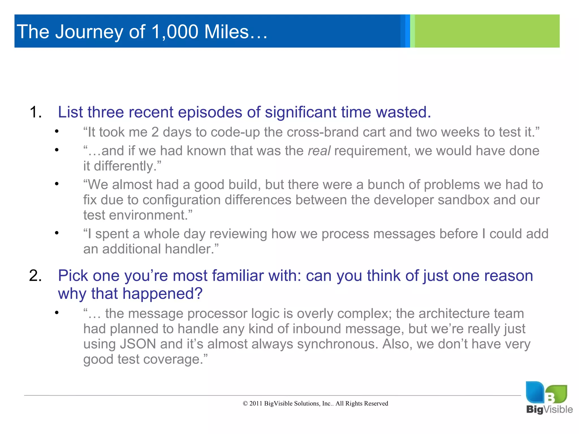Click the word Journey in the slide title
pos(89,32)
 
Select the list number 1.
pos(35,112)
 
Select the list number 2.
pos(35,276)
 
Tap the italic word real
pos(319,151)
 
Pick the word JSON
pos(138,344)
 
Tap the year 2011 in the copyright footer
pos(256,403)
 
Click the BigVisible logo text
pos(549,409)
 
